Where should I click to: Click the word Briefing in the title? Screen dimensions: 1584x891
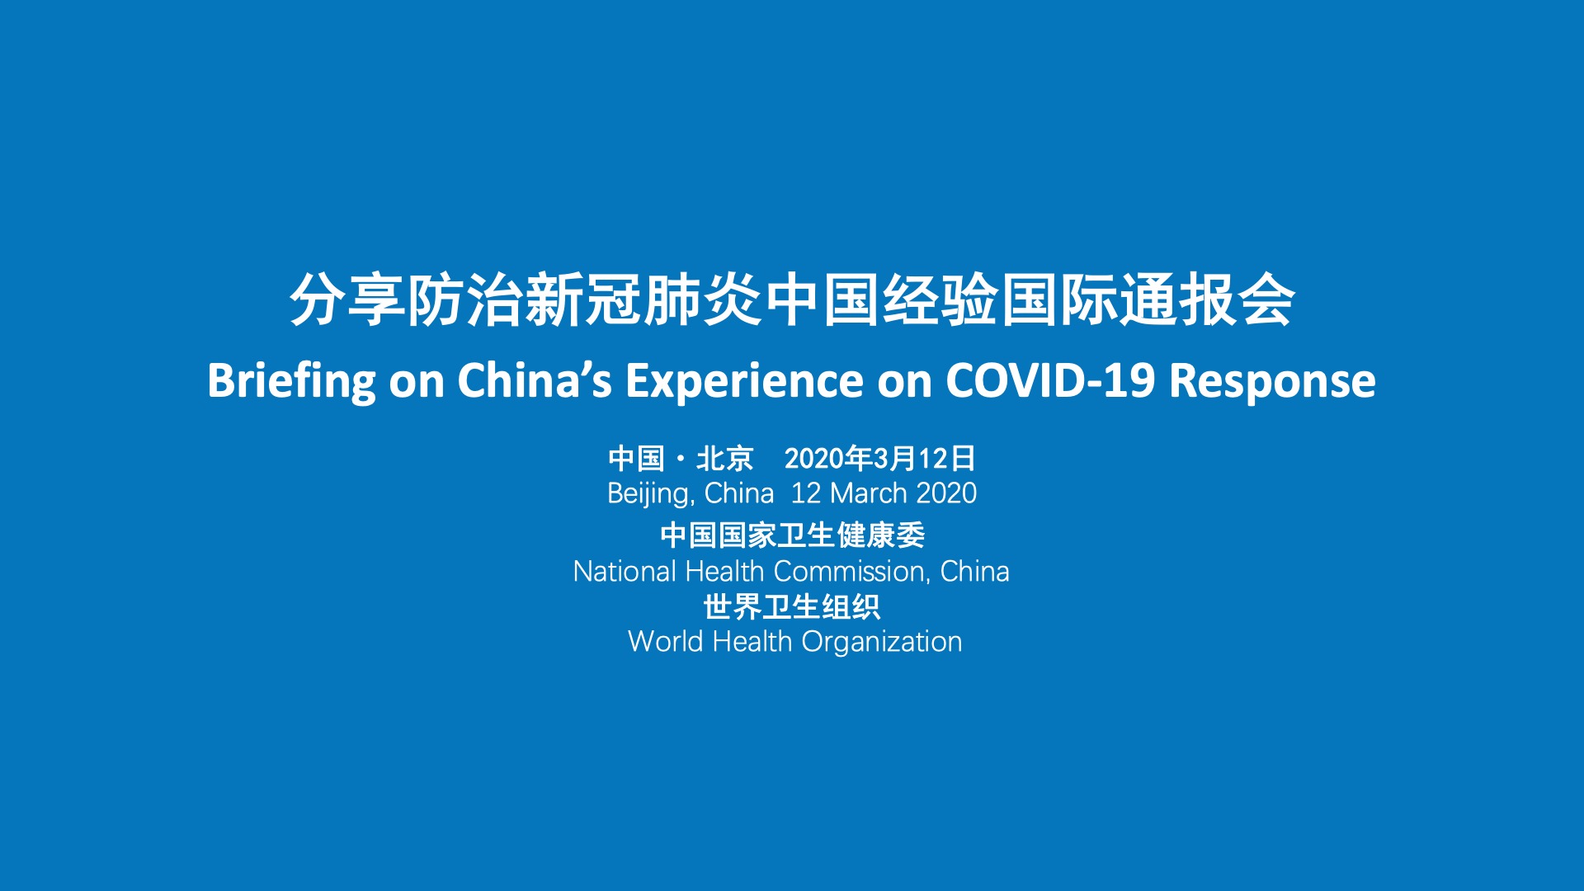coord(291,381)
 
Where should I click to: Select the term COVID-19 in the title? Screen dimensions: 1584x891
coord(1050,380)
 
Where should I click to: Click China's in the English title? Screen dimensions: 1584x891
coord(535,380)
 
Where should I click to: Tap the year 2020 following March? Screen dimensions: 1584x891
coord(946,493)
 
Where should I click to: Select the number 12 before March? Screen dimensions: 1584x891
coord(806,493)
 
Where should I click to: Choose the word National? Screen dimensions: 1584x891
coord(625,571)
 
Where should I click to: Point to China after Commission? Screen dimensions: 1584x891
coord(974,571)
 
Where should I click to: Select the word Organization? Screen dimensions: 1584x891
coord(882,642)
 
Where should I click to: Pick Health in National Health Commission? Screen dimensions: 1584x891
coord(725,571)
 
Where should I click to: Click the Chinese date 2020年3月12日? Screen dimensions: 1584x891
coord(880,458)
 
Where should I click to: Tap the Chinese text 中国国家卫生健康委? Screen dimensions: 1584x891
coord(792,535)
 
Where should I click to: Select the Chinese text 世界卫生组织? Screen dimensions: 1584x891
coord(792,606)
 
